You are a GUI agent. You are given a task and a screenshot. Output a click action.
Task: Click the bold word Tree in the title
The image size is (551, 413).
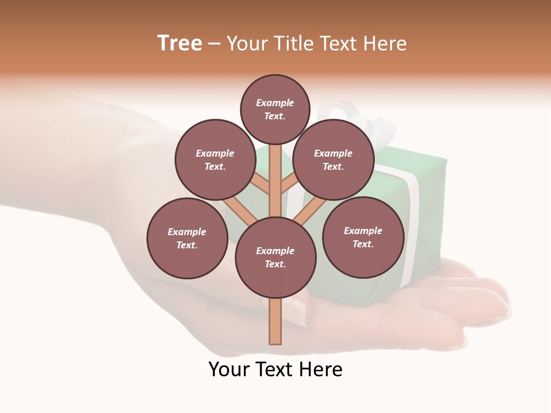click(180, 44)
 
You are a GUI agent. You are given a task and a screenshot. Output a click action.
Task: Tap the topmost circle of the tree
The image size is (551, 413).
click(275, 109)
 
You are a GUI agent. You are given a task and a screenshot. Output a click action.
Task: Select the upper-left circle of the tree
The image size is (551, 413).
click(215, 159)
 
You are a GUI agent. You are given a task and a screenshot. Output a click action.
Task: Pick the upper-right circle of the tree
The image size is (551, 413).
click(333, 159)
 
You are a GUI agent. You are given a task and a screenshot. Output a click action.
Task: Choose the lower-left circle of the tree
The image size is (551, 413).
click(187, 238)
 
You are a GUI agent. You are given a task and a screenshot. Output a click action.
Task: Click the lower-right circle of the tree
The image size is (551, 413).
click(363, 237)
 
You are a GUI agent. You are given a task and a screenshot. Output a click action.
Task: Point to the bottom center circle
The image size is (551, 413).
click(275, 258)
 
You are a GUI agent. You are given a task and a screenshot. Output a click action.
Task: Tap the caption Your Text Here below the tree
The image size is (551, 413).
click(275, 369)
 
